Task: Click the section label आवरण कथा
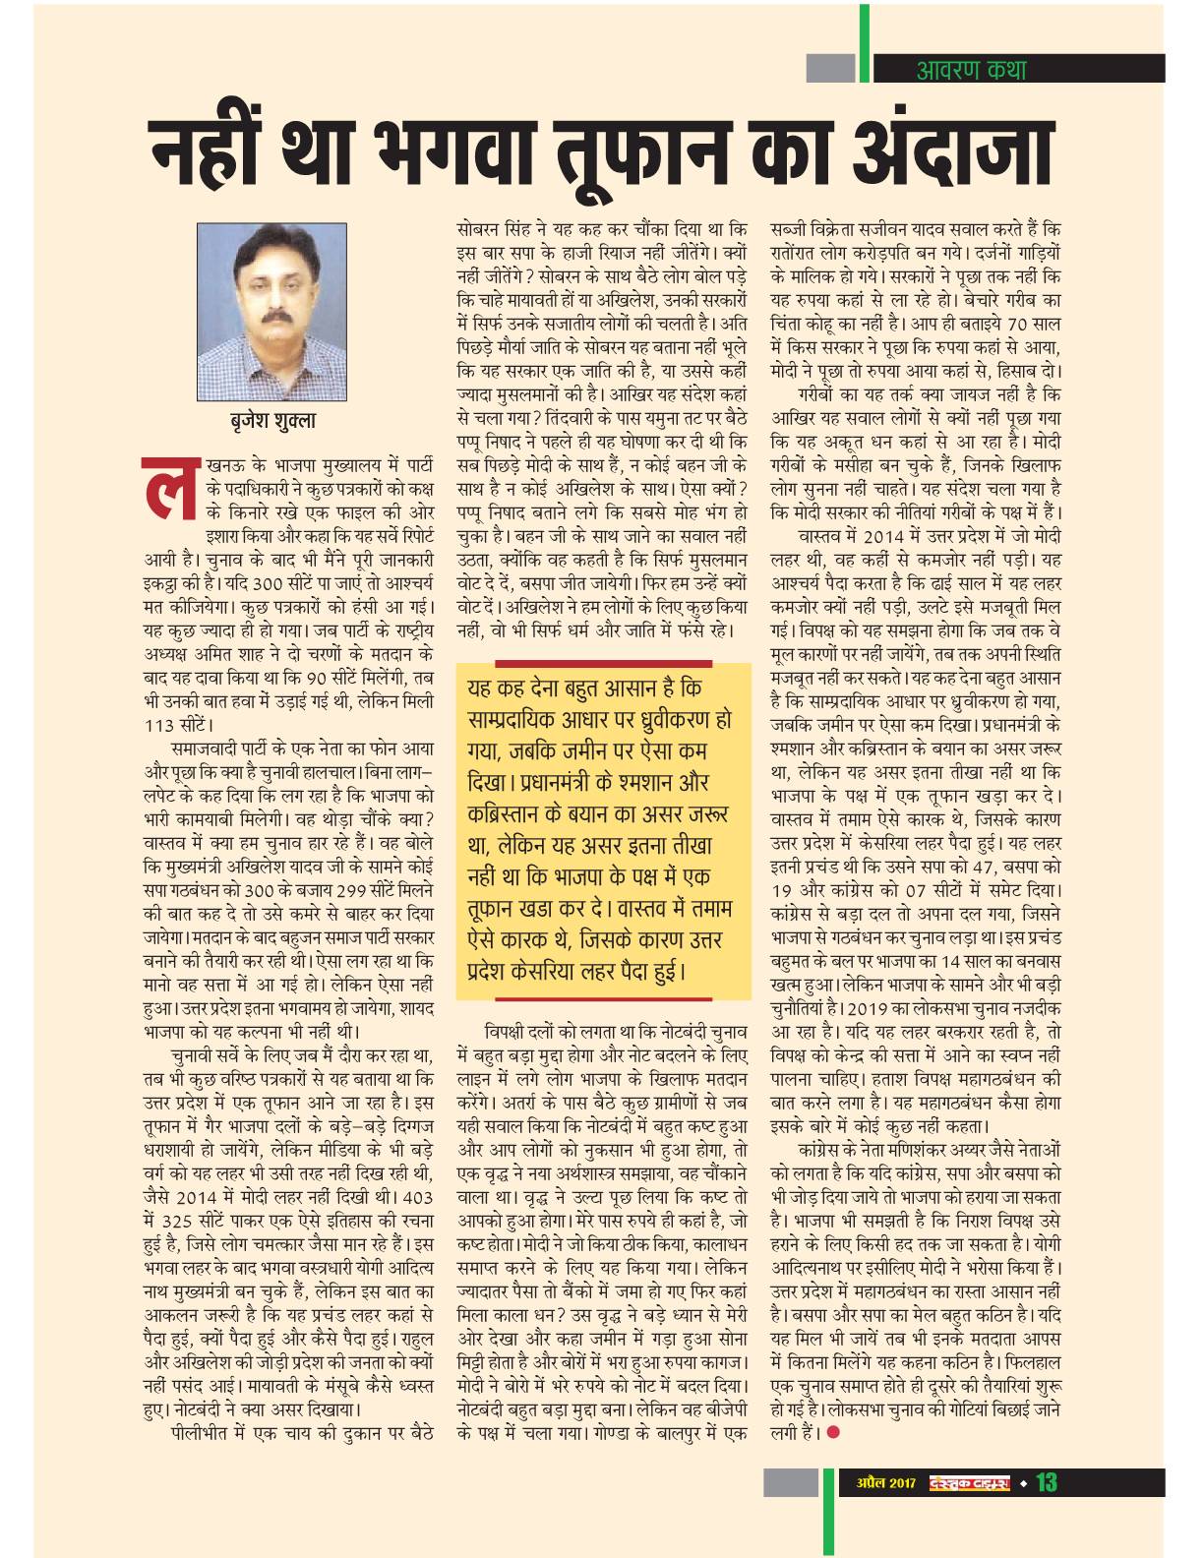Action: point(969,70)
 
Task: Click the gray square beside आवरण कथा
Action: point(831,68)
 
